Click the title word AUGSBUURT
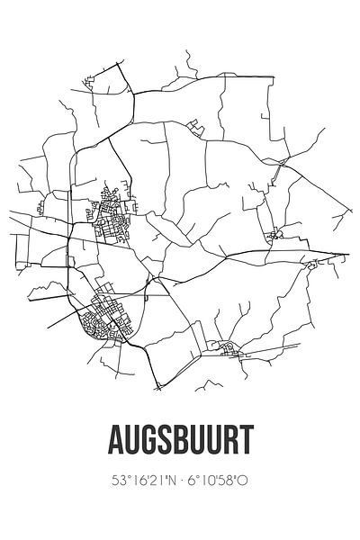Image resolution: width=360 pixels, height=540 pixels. pos(180,439)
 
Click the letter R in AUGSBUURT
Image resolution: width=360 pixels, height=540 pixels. pos(227,439)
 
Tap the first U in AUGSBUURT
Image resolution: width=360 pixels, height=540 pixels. pos(133,439)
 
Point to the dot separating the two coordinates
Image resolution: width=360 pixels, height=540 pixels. pos(179,480)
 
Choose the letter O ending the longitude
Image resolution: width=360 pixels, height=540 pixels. pos(244,480)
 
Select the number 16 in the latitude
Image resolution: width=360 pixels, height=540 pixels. pos(136,480)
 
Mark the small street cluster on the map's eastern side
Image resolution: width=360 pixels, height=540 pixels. pos(274,236)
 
